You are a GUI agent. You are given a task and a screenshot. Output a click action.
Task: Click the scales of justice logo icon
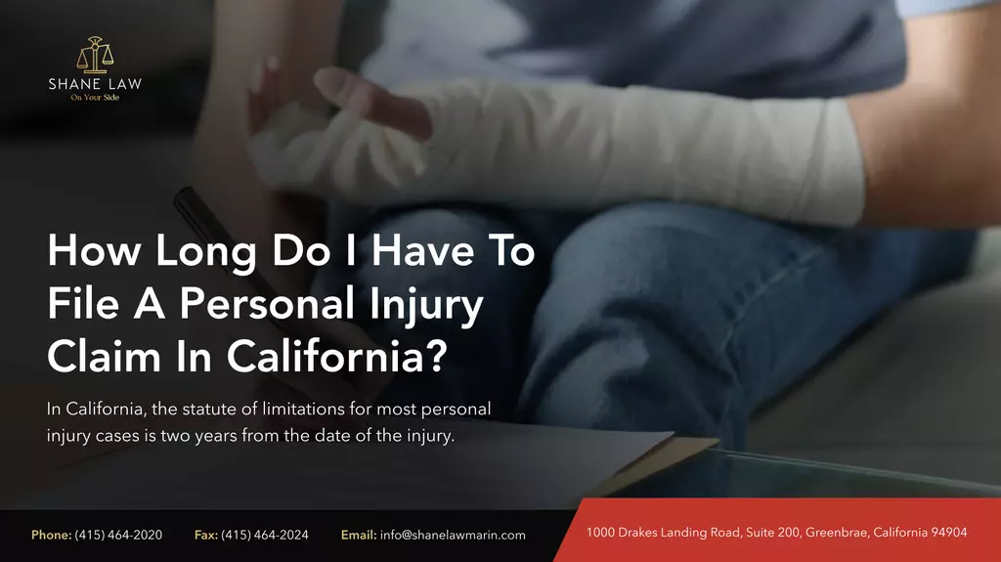[x=95, y=55]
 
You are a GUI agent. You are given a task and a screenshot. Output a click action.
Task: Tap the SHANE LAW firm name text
[x=95, y=84]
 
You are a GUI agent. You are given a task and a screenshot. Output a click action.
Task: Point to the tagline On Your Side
[x=95, y=98]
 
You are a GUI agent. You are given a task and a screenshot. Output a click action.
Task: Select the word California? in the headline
[x=337, y=356]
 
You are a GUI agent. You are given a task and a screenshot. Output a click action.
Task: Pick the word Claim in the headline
[x=104, y=356]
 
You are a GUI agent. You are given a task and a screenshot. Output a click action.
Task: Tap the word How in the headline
[x=94, y=249]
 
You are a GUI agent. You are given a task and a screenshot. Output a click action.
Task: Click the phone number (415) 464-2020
[x=118, y=536]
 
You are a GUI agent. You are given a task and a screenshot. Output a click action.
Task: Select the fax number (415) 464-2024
[x=264, y=536]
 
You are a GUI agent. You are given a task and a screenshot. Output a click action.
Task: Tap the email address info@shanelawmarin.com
[x=453, y=536]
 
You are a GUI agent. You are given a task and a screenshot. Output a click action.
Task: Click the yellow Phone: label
[x=51, y=536]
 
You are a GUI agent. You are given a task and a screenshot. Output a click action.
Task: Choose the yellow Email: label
[x=359, y=536]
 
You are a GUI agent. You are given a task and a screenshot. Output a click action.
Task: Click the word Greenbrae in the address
[x=837, y=532]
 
